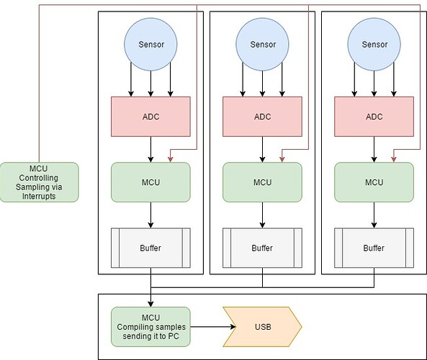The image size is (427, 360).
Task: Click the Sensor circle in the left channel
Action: pos(151,45)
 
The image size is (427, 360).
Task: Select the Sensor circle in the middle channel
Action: pos(262,45)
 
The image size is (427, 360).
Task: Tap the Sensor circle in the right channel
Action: pos(374,45)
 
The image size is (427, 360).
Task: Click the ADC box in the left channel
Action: pos(151,116)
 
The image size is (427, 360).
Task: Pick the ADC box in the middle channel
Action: pos(262,116)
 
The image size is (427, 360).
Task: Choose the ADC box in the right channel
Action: pos(374,116)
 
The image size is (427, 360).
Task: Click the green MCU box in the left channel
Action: pos(151,182)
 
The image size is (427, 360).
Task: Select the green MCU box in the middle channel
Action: pos(262,182)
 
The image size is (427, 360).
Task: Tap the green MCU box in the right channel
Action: pos(374,182)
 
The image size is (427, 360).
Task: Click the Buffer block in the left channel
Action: pos(151,248)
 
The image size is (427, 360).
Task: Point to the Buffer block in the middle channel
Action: pos(262,248)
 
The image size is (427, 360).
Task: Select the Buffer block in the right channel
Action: pos(374,248)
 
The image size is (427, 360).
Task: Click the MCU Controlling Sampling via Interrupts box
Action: pos(39,182)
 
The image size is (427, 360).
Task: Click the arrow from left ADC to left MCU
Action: pos(151,149)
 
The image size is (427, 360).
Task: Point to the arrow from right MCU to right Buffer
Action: pos(374,215)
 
